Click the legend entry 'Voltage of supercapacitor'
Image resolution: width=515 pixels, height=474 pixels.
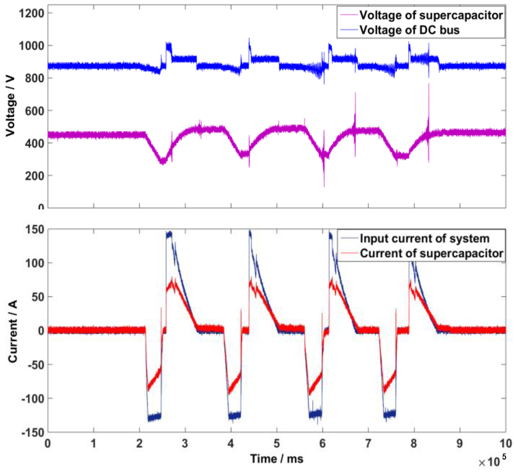coord(431,15)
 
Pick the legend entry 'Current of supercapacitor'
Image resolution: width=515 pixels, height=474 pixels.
coord(432,253)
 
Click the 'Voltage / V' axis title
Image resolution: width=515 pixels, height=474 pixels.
coord(10,105)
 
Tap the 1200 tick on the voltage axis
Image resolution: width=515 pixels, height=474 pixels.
coord(32,13)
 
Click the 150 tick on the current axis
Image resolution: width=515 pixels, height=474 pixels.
coord(34,230)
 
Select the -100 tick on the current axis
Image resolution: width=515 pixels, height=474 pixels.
coord(32,398)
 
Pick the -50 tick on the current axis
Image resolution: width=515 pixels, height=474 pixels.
coord(34,364)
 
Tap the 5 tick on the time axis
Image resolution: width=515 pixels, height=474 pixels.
coord(277,444)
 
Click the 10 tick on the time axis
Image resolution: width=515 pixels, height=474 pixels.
coord(505,444)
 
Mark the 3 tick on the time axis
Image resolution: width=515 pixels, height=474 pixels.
coord(185,444)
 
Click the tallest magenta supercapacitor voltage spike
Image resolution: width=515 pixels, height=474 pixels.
coord(428,84)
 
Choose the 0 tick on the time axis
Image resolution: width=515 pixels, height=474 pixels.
coord(48,444)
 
